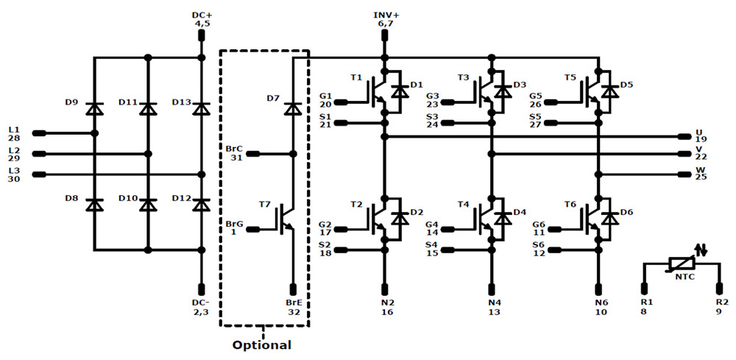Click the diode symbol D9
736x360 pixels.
[x=94, y=108]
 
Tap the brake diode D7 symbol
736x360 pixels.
[x=293, y=108]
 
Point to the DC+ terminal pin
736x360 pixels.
[x=202, y=35]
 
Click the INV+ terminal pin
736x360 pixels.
[x=384, y=35]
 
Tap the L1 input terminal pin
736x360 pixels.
[x=39, y=133]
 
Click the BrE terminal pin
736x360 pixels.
[x=293, y=289]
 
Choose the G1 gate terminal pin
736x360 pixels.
[x=342, y=102]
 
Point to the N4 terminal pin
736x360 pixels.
[x=492, y=289]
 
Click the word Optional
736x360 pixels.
[x=262, y=345]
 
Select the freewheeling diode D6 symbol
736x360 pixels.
[x=610, y=218]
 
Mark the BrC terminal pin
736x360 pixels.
[x=253, y=153]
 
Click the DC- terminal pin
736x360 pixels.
[x=202, y=289]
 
